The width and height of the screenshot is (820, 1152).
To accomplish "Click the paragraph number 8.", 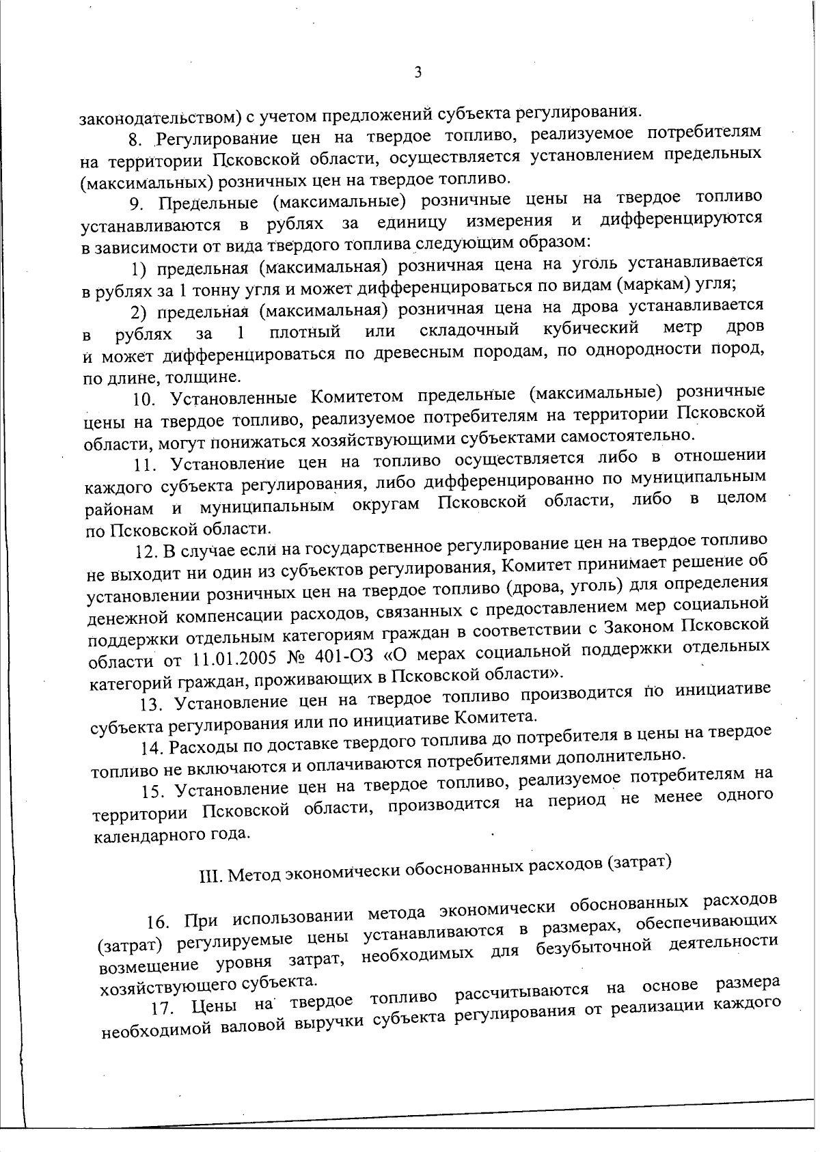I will [134, 141].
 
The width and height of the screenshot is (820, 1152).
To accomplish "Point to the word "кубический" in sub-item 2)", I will [590, 328].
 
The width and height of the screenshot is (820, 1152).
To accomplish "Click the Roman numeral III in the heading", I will [208, 876].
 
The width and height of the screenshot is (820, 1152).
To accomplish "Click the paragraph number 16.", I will [159, 921].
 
